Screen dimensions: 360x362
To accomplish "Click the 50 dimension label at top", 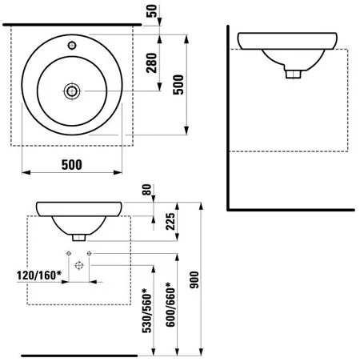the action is tap(152, 10).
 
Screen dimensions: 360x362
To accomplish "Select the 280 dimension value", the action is tap(152, 63).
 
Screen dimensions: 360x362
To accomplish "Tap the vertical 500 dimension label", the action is tap(178, 84).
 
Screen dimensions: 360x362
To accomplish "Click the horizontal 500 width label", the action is tap(72, 165).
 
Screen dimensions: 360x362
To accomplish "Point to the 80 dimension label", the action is tap(146, 190).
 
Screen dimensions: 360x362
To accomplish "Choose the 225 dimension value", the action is tap(170, 221).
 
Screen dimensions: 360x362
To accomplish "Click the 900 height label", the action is tap(194, 280).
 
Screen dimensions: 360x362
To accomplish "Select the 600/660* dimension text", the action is tap(170, 304).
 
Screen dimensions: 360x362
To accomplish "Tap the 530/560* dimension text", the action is tap(147, 311).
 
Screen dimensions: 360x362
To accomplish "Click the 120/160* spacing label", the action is tap(39, 276).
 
